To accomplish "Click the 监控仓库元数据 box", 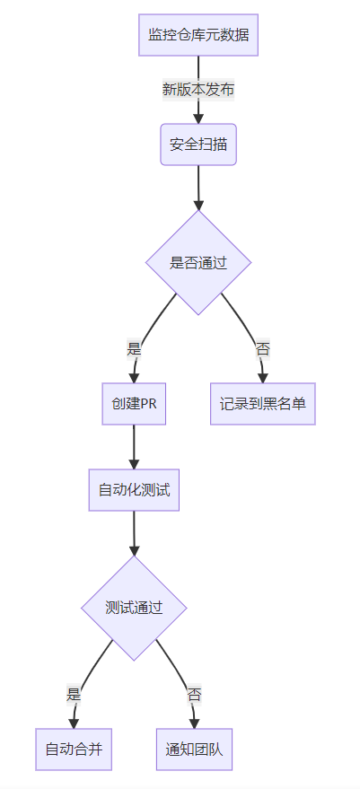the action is tap(198, 35).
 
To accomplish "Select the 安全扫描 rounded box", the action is tap(198, 145).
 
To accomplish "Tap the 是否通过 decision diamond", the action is tap(198, 263).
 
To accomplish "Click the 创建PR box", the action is tap(134, 404).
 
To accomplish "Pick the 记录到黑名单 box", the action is tap(263, 404).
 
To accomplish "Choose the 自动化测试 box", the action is tap(134, 490).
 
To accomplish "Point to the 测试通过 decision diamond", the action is tap(134, 608).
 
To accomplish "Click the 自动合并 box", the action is tap(74, 750).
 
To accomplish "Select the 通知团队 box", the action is tap(194, 750).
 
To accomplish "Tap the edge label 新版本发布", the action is tap(198, 90).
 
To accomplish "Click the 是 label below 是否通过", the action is tap(134, 350).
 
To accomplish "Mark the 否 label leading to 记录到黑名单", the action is tap(263, 350).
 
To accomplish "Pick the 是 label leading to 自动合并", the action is tap(74, 696).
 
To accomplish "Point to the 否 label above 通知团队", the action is tap(194, 696).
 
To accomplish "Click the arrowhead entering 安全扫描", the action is tap(198, 118).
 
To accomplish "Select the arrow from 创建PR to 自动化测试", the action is tap(134, 447).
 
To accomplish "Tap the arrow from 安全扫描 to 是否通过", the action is tap(198, 188).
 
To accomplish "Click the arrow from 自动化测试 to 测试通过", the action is tap(134, 533).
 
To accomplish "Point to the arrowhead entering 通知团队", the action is tap(194, 723).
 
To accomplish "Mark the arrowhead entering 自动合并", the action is tap(74, 723).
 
